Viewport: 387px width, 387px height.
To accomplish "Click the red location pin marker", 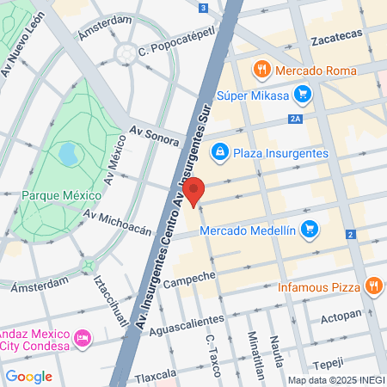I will coord(195,191).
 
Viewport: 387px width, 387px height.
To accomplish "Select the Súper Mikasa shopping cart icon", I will coord(302,94).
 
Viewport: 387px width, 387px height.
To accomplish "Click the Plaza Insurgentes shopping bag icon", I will coord(220,152).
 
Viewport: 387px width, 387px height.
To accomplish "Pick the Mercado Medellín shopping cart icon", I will coord(310,229).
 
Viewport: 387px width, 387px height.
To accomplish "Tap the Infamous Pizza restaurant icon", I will coord(373,286).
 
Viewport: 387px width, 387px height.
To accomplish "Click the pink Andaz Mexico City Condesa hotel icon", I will coord(83,335).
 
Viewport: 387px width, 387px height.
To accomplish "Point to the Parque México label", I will coord(58,195).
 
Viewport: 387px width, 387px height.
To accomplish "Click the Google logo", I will coord(28,376).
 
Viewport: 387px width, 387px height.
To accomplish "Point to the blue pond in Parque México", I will coord(67,154).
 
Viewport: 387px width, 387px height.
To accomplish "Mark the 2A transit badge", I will coord(298,120).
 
